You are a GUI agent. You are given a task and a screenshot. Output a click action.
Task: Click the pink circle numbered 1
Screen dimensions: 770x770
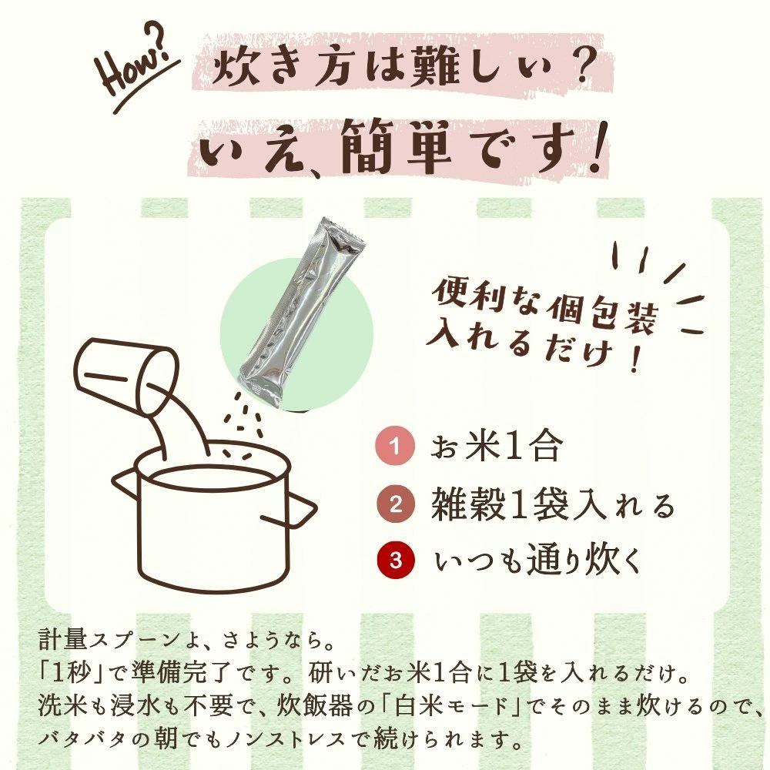tap(395, 447)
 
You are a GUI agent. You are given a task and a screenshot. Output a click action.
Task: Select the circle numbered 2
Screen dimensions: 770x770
tap(395, 504)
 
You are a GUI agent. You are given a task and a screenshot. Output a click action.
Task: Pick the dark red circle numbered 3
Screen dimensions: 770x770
tap(395, 561)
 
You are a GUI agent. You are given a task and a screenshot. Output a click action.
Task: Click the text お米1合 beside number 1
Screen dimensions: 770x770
tap(495, 447)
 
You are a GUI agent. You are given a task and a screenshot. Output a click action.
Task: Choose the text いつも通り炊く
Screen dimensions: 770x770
tap(538, 561)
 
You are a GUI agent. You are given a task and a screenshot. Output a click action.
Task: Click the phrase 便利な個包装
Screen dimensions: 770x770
tap(544, 305)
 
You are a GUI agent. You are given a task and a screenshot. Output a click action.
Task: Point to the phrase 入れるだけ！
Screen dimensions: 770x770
tap(533, 346)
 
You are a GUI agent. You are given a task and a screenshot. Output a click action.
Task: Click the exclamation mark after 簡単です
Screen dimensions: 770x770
tap(597, 147)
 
